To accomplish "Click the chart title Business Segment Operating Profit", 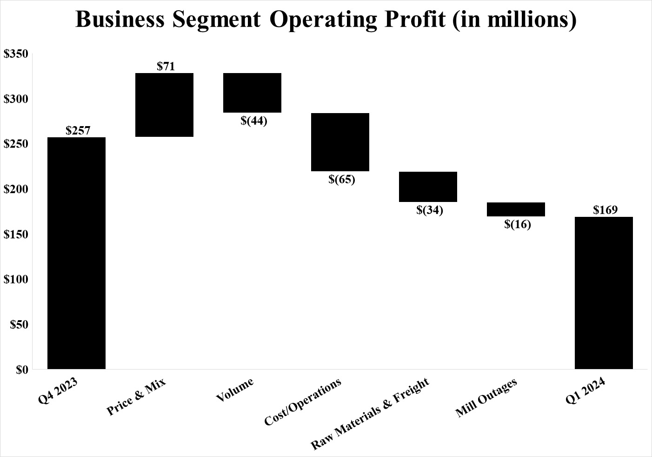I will point(326,20).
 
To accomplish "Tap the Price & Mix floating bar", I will point(164,105).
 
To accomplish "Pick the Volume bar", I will point(252,93).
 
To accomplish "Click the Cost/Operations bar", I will point(340,142).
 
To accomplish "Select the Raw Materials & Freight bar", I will point(428,187).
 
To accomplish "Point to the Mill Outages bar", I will point(516,209).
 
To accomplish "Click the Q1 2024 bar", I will point(604,293).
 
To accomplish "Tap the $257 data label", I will point(78,130).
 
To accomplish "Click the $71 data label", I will point(166,66).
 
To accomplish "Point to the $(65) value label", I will point(341,179).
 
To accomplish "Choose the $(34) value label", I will point(429,210).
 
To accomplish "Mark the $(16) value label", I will point(517,224).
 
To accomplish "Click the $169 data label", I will point(605,210).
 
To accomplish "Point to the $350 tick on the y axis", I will point(16,54).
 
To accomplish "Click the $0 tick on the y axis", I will point(22,370).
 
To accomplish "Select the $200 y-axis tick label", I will point(16,189).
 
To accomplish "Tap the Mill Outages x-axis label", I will point(486,398).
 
